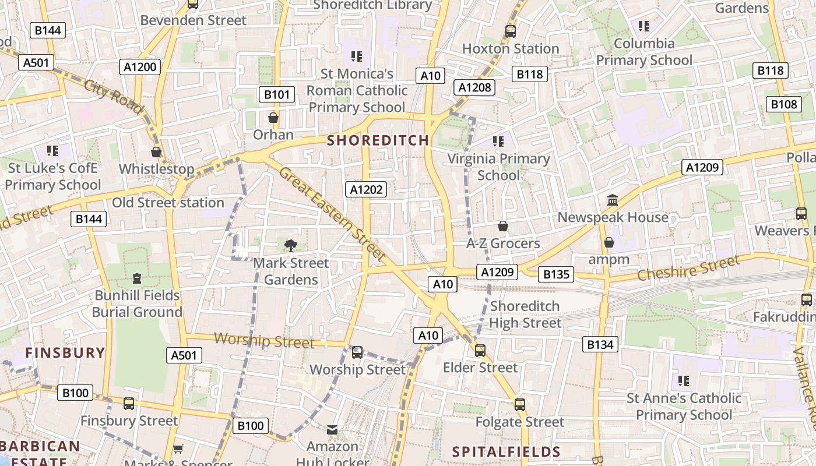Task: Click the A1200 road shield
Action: click(140, 67)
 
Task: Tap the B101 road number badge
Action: click(276, 94)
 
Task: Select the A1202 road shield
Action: click(365, 189)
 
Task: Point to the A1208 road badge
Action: click(474, 87)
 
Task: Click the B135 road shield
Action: click(555, 274)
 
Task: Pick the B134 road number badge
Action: click(600, 344)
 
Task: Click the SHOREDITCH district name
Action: click(378, 140)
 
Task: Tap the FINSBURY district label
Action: click(65, 352)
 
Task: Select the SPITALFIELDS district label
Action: click(507, 451)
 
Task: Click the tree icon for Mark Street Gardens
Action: click(290, 246)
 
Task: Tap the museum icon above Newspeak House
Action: click(613, 200)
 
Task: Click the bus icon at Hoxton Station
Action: click(511, 31)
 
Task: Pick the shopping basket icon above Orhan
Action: click(273, 118)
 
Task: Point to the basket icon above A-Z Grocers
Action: click(503, 226)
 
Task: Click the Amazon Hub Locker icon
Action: click(332, 430)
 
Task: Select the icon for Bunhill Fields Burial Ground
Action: click(137, 278)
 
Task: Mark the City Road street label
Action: click(114, 97)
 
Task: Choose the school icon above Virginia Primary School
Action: click(498, 141)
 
